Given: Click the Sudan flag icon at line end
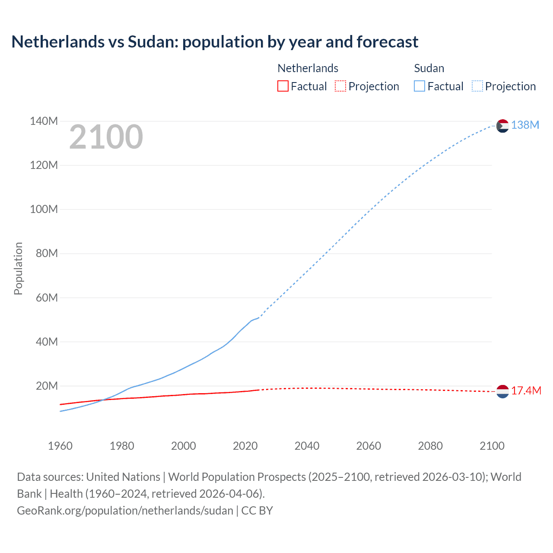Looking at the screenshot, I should tap(502, 126).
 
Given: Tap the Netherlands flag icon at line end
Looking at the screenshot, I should tap(502, 391).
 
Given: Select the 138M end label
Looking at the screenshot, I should tap(525, 125).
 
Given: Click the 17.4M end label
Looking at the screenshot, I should tap(526, 391).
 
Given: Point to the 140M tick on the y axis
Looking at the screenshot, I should tap(44, 121).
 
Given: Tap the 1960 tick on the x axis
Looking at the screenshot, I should tap(60, 446).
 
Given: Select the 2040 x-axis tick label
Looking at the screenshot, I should tap(307, 446).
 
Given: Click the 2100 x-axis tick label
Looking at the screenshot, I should tap(492, 446).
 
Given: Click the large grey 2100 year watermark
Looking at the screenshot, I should tap(106, 137).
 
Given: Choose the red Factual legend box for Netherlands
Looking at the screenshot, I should tap(283, 86).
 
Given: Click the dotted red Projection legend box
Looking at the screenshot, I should tap(340, 86).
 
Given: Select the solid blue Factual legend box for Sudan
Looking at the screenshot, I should tap(420, 86).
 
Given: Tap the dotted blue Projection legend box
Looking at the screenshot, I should tap(477, 86).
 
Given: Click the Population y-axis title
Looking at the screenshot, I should tap(18, 268).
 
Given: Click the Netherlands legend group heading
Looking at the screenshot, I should tap(308, 68).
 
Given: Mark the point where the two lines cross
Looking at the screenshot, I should tap(102, 400).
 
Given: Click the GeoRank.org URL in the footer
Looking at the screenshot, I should tap(125, 510).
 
